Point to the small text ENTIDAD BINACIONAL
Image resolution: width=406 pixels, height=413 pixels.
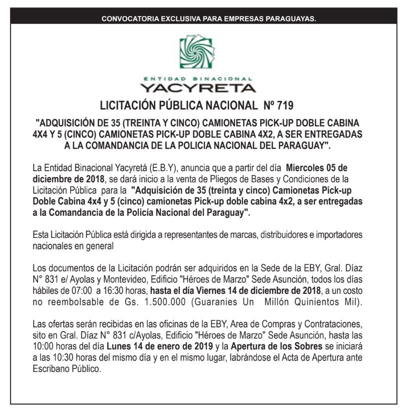click(x=202, y=78)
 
